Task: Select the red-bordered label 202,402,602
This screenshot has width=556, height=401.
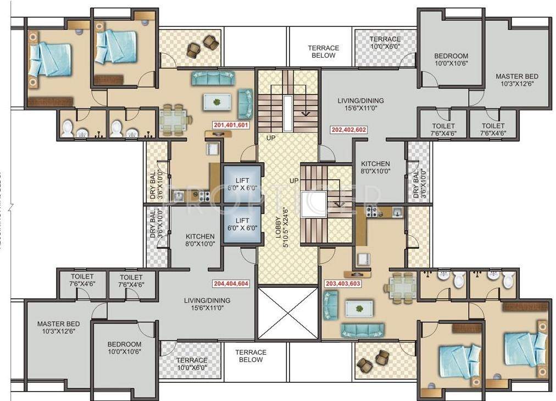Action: point(348,130)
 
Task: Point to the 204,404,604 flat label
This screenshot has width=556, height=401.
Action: point(230,284)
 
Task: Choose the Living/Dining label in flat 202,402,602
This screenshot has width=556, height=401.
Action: point(360,104)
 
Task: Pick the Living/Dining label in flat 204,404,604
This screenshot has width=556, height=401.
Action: point(207,304)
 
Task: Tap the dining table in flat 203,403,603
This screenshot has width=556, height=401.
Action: point(403,285)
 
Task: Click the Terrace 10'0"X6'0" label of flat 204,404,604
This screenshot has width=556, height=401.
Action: point(192,364)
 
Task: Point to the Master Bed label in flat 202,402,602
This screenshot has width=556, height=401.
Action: point(516,80)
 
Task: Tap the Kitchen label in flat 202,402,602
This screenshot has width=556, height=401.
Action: point(375,168)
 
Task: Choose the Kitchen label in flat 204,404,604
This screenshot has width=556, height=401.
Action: point(200,240)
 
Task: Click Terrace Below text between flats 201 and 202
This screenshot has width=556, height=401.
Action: point(323,52)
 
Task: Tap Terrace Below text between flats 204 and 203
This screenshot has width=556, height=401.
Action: point(251,356)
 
